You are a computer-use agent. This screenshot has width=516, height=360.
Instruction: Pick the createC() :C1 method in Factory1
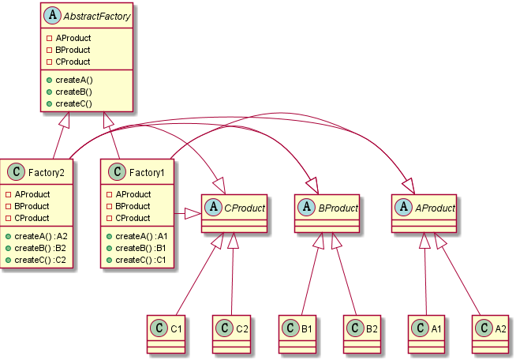(141, 260)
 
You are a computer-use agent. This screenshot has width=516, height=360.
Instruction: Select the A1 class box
(432, 332)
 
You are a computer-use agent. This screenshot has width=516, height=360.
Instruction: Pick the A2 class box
(496, 332)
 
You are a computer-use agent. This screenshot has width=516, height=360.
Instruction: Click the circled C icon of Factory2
(15, 171)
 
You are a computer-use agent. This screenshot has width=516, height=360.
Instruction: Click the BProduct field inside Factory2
(32, 206)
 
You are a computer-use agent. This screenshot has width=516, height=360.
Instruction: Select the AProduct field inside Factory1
(133, 194)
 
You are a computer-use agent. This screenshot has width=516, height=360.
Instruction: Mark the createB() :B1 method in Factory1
(141, 248)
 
